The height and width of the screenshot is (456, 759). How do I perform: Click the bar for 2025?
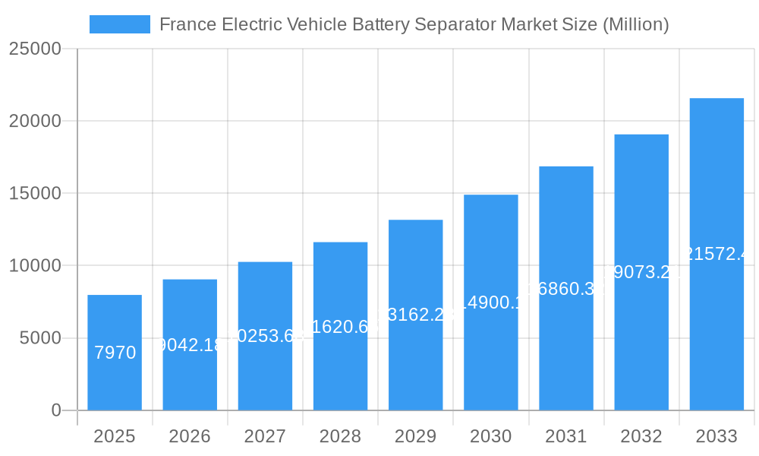(115, 353)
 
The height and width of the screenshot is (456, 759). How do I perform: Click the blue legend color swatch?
(120, 24)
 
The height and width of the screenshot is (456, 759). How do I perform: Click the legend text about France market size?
(414, 24)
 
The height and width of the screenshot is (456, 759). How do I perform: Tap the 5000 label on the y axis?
(39, 338)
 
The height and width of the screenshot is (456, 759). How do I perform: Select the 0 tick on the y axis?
(56, 410)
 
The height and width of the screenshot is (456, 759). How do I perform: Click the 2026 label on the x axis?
(190, 436)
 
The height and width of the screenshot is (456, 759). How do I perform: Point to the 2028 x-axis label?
(340, 436)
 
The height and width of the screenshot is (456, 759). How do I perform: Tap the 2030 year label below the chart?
(490, 436)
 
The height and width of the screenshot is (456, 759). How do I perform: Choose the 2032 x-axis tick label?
(641, 436)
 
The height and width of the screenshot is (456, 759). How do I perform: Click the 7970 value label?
(115, 353)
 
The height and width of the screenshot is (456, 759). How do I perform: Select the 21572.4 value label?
(716, 254)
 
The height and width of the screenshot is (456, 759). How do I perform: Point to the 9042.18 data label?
(190, 345)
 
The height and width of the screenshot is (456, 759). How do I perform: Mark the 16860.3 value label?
(566, 289)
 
